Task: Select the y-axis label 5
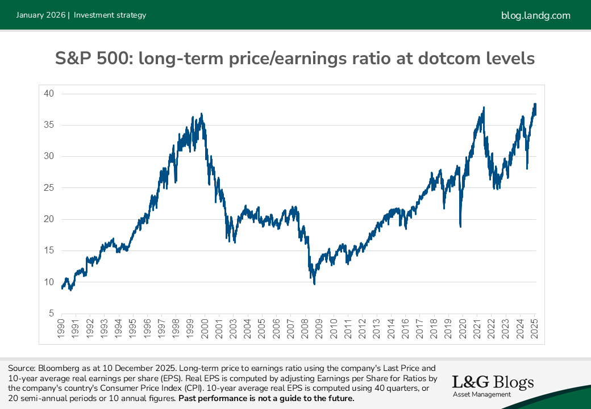pyautogui.click(x=50, y=314)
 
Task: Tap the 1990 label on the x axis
pyautogui.click(x=61, y=330)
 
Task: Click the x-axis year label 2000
pyautogui.click(x=204, y=330)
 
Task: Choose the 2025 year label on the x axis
pyautogui.click(x=535, y=330)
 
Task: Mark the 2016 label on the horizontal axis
pyautogui.click(x=405, y=330)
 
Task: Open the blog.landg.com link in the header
pyautogui.click(x=536, y=15)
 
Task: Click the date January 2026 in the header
pyautogui.click(x=40, y=15)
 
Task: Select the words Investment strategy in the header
pyautogui.click(x=110, y=15)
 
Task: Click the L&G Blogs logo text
pyautogui.click(x=493, y=382)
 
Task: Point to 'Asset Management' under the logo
pyautogui.click(x=481, y=394)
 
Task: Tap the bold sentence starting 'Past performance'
pyautogui.click(x=267, y=398)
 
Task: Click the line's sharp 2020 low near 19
pyautogui.click(x=460, y=227)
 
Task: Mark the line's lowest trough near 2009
pyautogui.click(x=314, y=283)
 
